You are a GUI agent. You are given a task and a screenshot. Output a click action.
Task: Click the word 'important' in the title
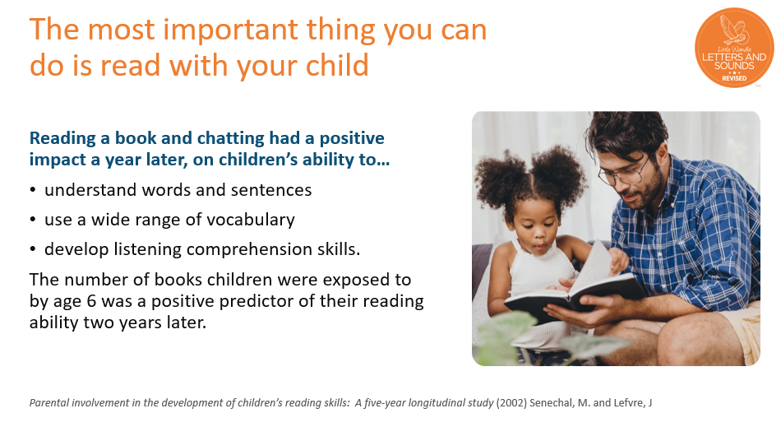tap(231, 30)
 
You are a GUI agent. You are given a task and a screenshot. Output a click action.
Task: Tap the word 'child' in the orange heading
tap(337, 65)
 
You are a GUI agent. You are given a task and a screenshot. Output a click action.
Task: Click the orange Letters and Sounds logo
tap(733, 48)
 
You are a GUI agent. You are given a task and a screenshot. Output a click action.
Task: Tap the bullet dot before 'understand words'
tap(33, 190)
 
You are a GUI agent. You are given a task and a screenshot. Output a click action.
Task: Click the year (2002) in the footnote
tap(511, 402)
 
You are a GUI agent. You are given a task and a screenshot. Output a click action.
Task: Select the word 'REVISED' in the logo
tap(734, 78)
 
